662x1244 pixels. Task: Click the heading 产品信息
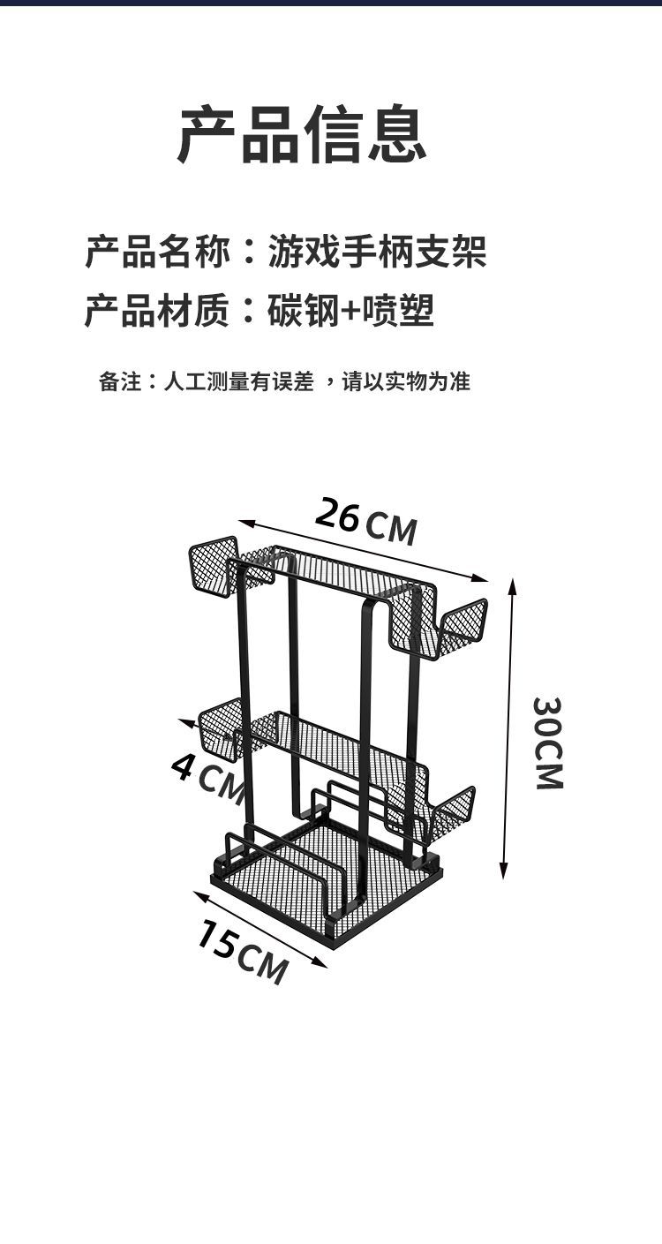coord(303,134)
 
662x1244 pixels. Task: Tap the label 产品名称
coord(158,252)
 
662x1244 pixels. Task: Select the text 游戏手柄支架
coord(377,252)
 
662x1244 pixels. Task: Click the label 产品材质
coord(158,311)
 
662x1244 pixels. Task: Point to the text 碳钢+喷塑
coord(351,311)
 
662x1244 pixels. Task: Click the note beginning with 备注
coord(284,381)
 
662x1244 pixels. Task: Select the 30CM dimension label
coord(548,743)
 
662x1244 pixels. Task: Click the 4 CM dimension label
coord(207,775)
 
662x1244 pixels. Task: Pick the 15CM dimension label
coord(242,952)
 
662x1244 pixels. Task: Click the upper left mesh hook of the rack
coord(214,565)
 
